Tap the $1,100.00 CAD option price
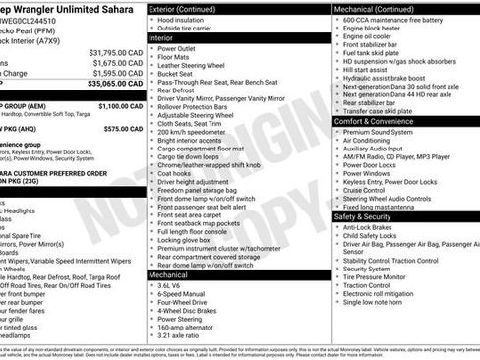[121, 105]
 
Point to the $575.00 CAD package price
[121, 128]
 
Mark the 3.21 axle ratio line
[184, 335]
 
